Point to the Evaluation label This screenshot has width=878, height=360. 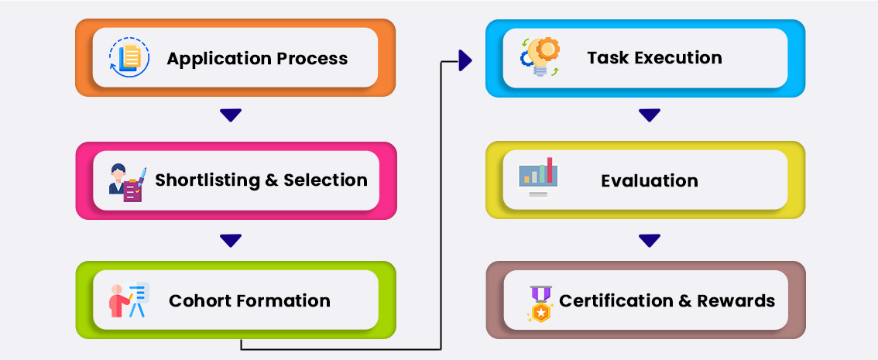tap(650, 181)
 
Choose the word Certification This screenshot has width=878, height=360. tap(616, 300)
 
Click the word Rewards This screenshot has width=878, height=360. tap(736, 300)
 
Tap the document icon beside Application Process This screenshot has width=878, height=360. tap(129, 57)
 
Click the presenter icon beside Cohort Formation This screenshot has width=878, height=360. tap(129, 300)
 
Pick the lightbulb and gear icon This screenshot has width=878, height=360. tap(540, 57)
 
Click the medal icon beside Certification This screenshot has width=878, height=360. tap(540, 303)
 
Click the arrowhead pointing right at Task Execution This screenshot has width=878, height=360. tap(465, 60)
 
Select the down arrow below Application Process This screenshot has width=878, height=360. tap(231, 115)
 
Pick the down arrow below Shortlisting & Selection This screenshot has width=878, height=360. tap(231, 241)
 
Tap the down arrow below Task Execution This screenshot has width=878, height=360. tap(650, 115)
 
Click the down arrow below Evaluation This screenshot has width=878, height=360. tap(650, 241)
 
